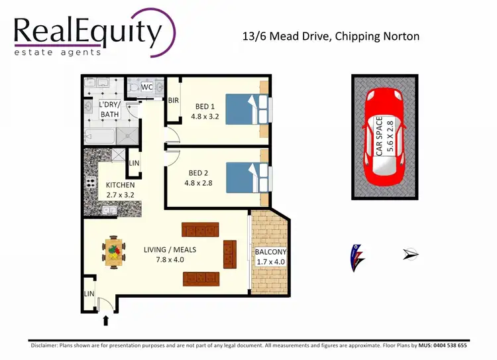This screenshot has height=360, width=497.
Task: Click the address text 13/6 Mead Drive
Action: (331, 36)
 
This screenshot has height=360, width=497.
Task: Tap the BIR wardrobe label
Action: (174, 101)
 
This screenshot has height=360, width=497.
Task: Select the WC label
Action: (147, 87)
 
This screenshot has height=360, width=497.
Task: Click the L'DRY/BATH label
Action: (109, 110)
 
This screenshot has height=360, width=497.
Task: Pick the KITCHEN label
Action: (120, 185)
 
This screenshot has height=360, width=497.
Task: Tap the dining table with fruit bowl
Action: (113, 251)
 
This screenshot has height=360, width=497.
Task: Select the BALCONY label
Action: (270, 253)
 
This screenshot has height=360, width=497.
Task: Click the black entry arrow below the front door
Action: (105, 322)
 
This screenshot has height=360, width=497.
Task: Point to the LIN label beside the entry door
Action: (88, 294)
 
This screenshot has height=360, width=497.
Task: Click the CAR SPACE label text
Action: (379, 136)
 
